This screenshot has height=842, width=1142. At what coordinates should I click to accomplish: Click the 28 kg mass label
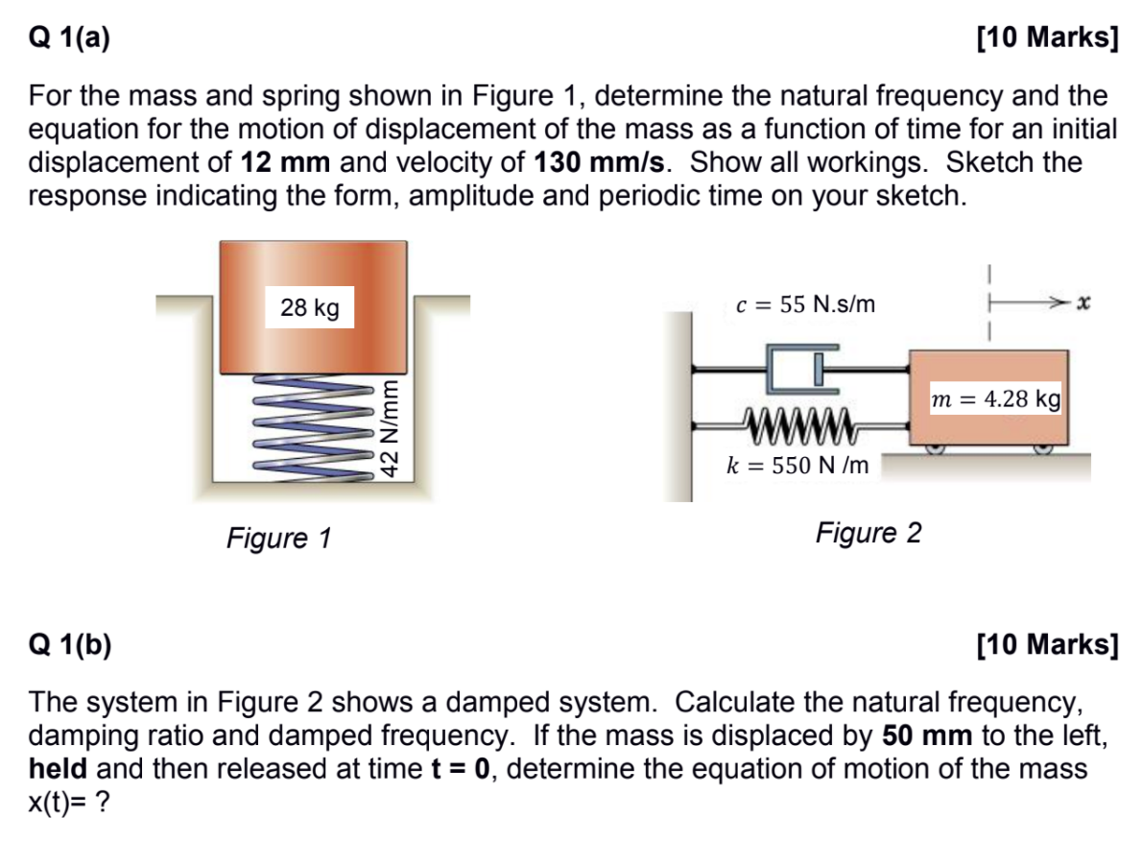[309, 308]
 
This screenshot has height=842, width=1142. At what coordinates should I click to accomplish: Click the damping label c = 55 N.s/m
[805, 304]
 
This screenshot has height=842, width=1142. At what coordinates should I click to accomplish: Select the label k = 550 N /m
[797, 467]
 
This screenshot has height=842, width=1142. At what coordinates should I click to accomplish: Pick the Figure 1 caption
[278, 538]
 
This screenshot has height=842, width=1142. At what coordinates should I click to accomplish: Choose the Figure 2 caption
[868, 533]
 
